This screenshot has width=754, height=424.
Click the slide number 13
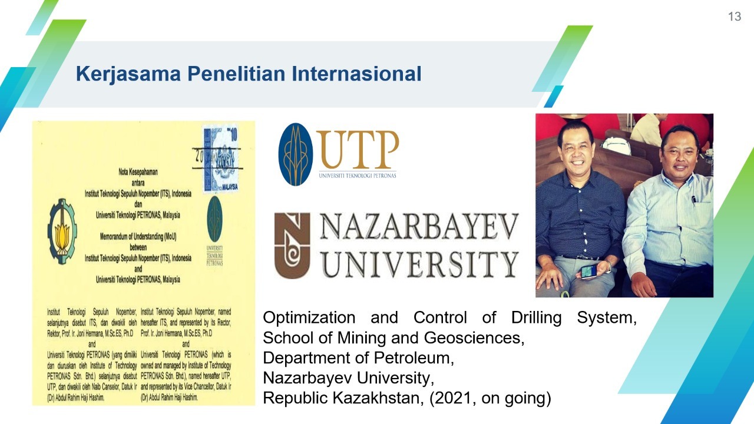734,16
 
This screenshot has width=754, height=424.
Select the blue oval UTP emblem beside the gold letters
295,154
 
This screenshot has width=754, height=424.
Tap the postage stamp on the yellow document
221,159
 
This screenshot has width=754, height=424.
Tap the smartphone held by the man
590,271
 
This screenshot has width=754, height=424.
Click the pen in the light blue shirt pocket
694,201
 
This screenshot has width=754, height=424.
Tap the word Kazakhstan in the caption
377,398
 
